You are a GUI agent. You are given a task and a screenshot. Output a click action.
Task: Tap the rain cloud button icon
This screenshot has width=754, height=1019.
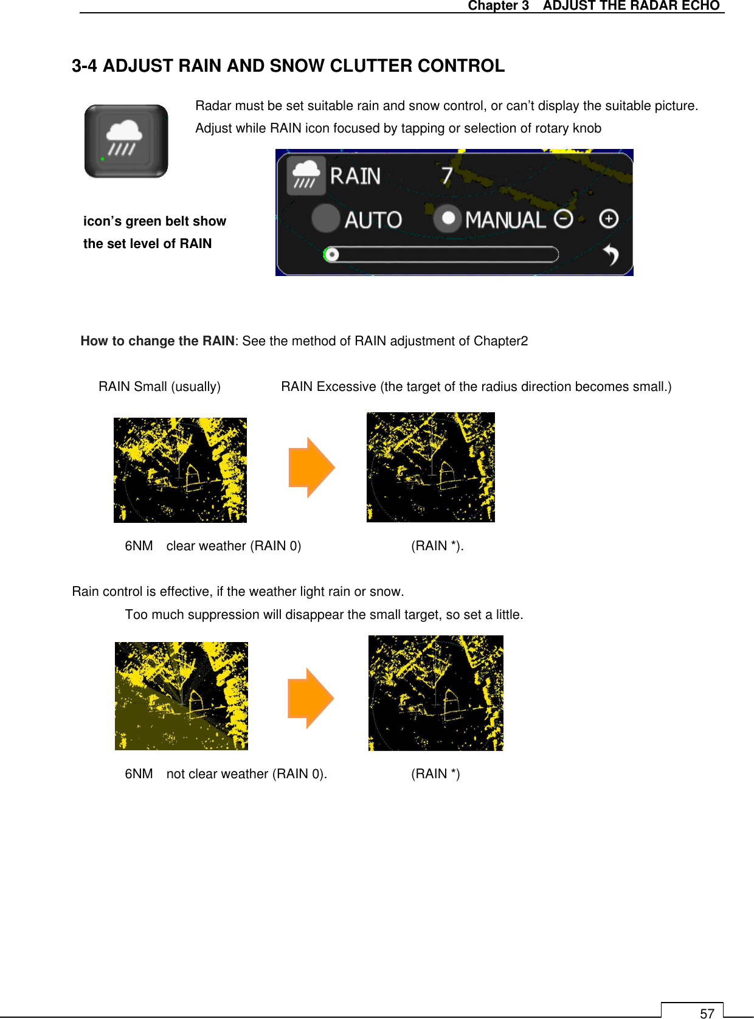(x=126, y=141)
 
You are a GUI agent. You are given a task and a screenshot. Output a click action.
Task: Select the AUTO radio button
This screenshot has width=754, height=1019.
(x=326, y=218)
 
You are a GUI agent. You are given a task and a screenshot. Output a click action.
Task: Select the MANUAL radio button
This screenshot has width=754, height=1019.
(x=448, y=218)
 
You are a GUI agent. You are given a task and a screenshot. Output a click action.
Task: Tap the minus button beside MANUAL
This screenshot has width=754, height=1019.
(x=564, y=218)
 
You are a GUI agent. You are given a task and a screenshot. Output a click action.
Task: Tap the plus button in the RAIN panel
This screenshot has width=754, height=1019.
(x=608, y=218)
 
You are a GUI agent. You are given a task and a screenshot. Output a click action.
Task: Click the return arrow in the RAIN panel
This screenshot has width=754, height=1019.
(x=610, y=255)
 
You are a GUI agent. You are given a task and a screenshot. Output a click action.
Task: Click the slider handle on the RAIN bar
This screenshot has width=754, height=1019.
(x=331, y=254)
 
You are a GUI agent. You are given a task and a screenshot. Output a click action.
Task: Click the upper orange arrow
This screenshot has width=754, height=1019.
(x=311, y=468)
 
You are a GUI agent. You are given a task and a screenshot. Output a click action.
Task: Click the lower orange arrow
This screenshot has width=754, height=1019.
(x=311, y=698)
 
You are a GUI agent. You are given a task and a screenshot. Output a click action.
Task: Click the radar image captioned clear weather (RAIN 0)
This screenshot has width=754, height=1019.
(x=180, y=470)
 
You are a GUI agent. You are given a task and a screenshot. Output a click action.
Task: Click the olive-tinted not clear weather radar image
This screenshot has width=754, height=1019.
(x=181, y=696)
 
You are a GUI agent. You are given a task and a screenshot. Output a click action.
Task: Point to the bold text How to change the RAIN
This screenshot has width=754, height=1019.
(x=157, y=341)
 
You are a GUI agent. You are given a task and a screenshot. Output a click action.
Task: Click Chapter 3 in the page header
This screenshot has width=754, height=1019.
(x=498, y=6)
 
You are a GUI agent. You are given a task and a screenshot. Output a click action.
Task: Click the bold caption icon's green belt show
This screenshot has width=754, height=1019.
(x=154, y=221)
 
